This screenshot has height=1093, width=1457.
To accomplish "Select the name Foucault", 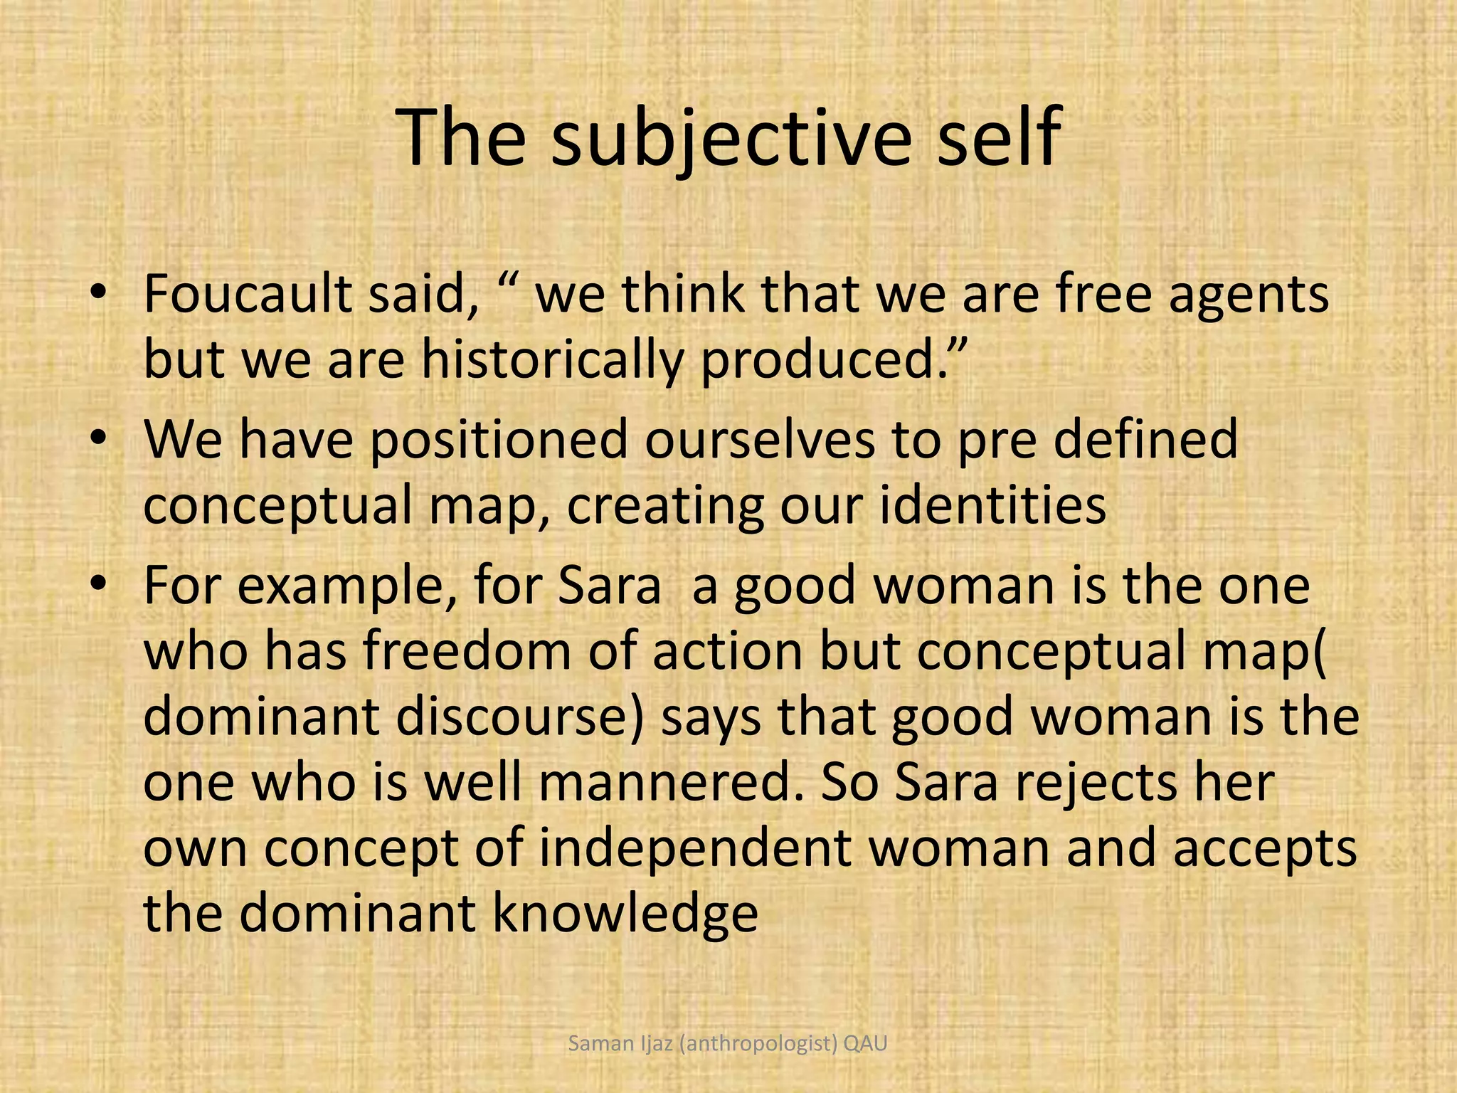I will click(x=248, y=294).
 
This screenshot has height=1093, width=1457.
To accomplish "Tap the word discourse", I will click(x=519, y=717).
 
